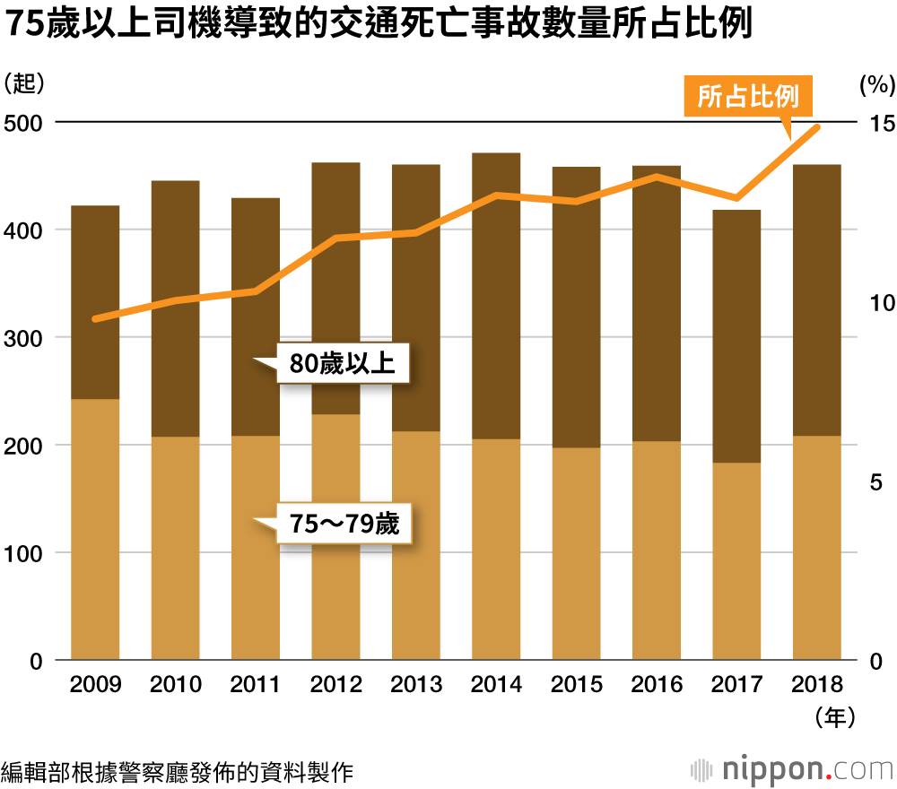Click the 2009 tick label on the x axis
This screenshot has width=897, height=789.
95,686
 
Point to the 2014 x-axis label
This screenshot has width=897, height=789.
496,686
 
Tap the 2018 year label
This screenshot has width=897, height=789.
817,686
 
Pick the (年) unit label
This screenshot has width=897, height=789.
832,717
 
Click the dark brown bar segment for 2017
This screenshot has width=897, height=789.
736,336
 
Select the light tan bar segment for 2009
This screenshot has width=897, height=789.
95,529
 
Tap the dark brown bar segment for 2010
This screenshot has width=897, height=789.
175,308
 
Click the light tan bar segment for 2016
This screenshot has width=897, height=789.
657,551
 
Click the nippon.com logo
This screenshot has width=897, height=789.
794,769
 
